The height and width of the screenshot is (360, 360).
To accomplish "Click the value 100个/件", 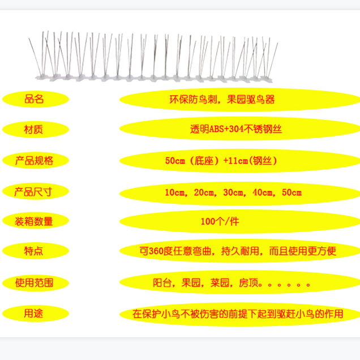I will tap(220, 221).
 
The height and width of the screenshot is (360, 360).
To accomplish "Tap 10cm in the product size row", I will tap(175, 192).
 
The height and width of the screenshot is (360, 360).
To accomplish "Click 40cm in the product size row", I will tap(262, 192).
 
